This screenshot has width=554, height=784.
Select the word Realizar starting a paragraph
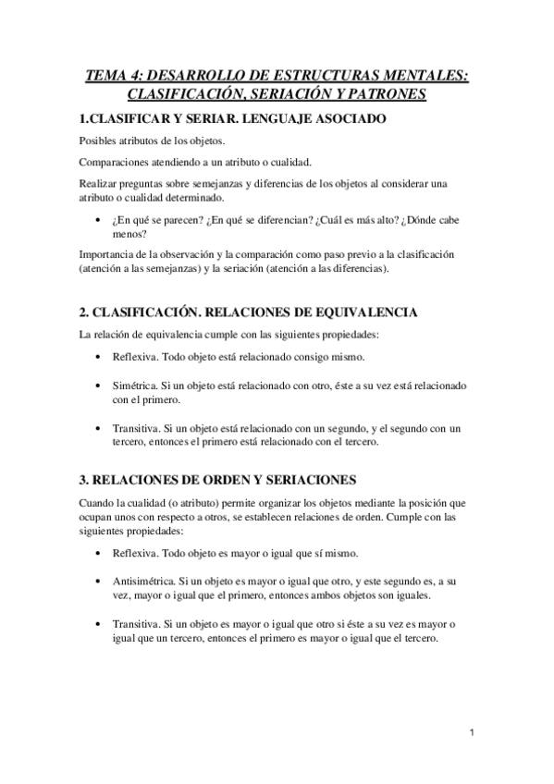98,183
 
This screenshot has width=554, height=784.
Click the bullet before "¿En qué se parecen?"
99,221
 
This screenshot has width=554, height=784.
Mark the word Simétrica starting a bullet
135,385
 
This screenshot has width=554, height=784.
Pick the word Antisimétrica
143,581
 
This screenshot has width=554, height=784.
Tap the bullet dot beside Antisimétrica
99,582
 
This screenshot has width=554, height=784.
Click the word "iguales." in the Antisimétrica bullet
407,596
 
